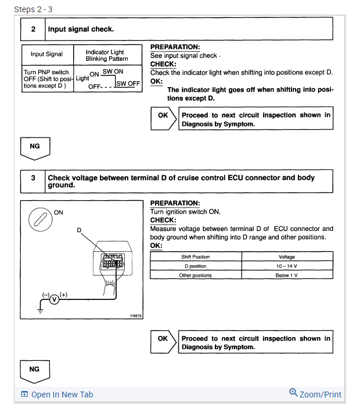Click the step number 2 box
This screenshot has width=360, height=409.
pos(34,29)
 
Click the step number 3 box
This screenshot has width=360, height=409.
pos(34,181)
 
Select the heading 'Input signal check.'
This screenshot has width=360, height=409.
pos(81,29)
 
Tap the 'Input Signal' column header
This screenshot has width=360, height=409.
pos(47,55)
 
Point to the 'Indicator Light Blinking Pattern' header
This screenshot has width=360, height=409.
pos(105,55)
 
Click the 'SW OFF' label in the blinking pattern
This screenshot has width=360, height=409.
pos(128,84)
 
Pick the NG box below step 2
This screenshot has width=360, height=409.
pos(35,147)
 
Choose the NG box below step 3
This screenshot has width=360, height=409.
pos(35,370)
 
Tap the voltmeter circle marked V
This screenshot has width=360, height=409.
pos(54,299)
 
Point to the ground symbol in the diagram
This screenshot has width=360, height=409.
pos(41,310)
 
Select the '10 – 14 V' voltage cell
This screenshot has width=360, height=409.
pos(287,266)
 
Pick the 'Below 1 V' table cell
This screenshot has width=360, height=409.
pos(287,275)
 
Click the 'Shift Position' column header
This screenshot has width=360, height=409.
pos(196,256)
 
